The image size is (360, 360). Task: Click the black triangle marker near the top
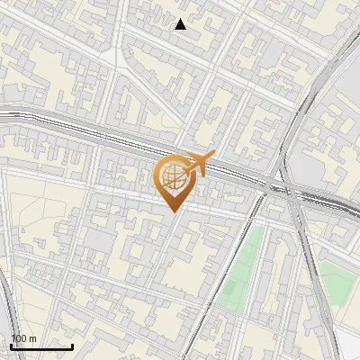181,24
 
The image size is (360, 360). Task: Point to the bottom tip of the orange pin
174,212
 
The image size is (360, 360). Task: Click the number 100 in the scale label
20,338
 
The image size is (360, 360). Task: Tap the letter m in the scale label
32,338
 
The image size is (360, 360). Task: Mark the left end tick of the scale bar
11,346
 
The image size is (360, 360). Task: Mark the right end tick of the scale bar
73,346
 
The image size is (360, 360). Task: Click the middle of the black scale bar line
41,347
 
